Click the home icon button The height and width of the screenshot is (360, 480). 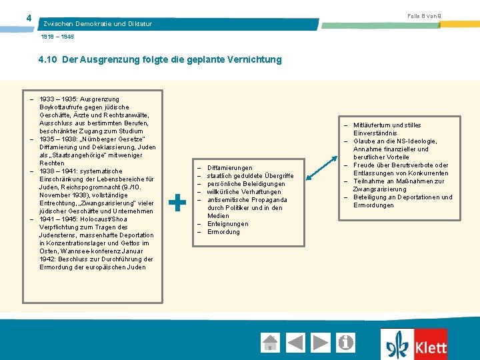[271, 343]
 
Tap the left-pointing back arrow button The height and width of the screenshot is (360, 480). [296, 343]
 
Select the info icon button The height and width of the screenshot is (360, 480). [346, 343]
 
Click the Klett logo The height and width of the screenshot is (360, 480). [415, 345]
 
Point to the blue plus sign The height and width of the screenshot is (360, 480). [177, 203]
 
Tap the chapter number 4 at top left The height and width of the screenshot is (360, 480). [28, 17]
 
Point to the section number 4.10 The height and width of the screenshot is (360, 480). [48, 59]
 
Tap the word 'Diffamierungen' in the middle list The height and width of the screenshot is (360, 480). [229, 168]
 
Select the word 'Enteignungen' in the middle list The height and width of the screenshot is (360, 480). [227, 224]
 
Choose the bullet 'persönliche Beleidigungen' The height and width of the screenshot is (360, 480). [245, 184]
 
